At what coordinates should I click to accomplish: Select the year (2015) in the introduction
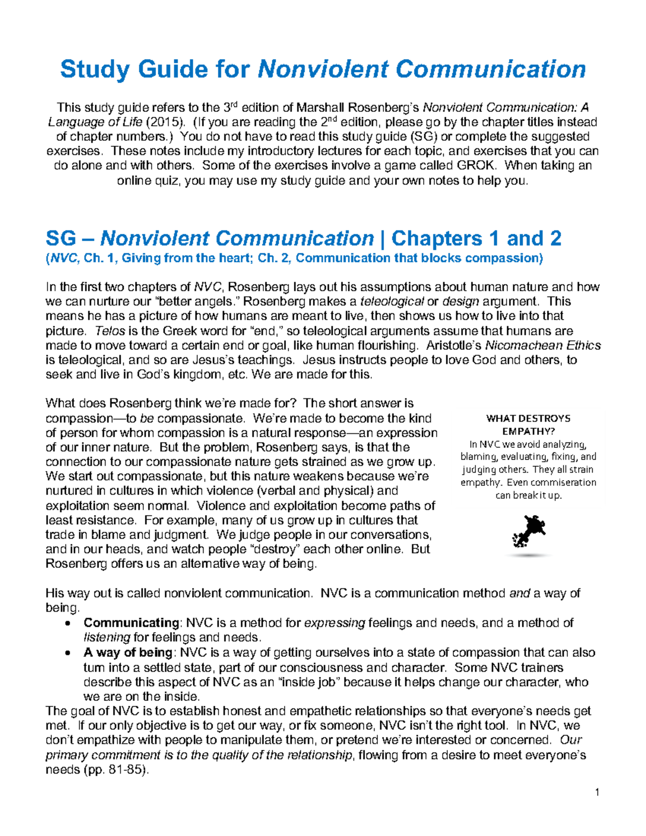[165, 122]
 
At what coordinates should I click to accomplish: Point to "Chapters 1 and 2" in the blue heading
[476, 238]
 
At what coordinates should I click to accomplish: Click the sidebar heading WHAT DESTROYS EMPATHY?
[528, 425]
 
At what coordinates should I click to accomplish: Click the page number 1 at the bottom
[598, 791]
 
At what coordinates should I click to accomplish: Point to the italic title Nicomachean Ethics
[543, 346]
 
